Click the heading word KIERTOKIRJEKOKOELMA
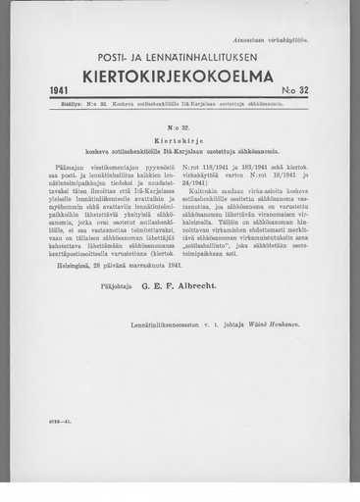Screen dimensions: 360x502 180,74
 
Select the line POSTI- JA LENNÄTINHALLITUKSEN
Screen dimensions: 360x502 180,54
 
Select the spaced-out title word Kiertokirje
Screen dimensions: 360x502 179,137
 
